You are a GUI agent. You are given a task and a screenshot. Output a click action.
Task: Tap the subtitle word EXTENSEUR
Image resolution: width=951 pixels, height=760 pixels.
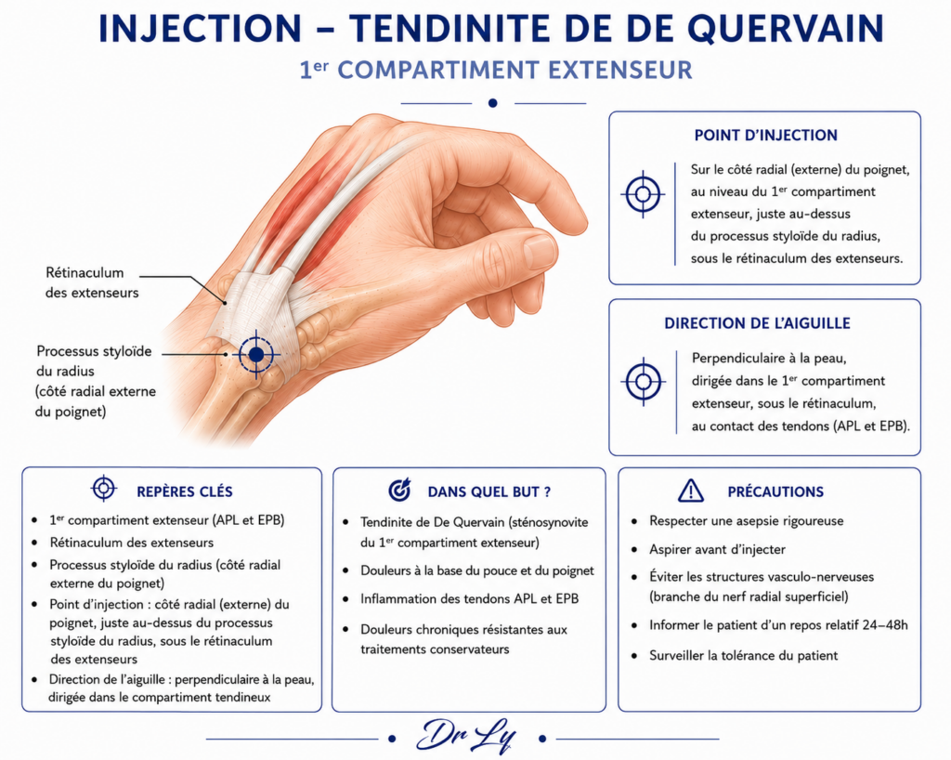click(620, 70)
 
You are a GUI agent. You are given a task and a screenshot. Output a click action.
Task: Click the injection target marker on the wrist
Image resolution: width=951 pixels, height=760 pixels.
click(256, 354)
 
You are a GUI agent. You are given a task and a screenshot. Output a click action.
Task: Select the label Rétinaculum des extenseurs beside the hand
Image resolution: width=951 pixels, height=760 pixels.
click(92, 282)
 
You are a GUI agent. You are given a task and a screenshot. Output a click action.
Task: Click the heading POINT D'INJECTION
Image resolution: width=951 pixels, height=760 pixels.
click(765, 136)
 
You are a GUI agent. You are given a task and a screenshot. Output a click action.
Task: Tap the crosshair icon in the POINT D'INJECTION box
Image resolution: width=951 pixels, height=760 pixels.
click(643, 195)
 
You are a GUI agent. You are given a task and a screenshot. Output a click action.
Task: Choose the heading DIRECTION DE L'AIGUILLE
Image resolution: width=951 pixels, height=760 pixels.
click(757, 323)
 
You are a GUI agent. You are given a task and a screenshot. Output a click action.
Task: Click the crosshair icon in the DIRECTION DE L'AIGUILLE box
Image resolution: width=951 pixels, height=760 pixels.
click(643, 382)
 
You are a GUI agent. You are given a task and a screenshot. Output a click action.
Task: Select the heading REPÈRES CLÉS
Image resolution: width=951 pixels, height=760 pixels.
click(185, 491)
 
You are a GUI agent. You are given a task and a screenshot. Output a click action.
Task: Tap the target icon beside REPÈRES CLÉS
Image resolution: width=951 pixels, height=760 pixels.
click(104, 488)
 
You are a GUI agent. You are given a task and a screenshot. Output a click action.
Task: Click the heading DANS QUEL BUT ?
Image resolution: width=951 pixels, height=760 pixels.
click(489, 491)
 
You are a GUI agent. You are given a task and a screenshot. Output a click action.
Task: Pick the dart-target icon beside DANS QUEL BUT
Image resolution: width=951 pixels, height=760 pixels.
click(399, 490)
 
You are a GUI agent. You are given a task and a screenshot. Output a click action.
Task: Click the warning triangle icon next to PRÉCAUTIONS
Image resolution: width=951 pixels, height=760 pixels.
click(691, 491)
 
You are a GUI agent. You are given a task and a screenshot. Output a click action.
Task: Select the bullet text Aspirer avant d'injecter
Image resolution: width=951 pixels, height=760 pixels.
click(717, 549)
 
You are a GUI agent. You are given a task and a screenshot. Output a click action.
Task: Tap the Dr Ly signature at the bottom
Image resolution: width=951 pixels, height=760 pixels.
click(466, 737)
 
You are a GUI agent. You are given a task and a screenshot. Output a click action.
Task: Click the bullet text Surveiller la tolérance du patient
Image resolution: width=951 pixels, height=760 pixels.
click(744, 656)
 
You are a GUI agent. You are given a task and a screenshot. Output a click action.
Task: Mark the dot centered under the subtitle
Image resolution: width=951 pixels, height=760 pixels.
click(492, 103)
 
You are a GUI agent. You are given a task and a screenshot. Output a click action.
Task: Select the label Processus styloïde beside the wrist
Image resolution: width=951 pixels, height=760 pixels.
click(94, 351)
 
